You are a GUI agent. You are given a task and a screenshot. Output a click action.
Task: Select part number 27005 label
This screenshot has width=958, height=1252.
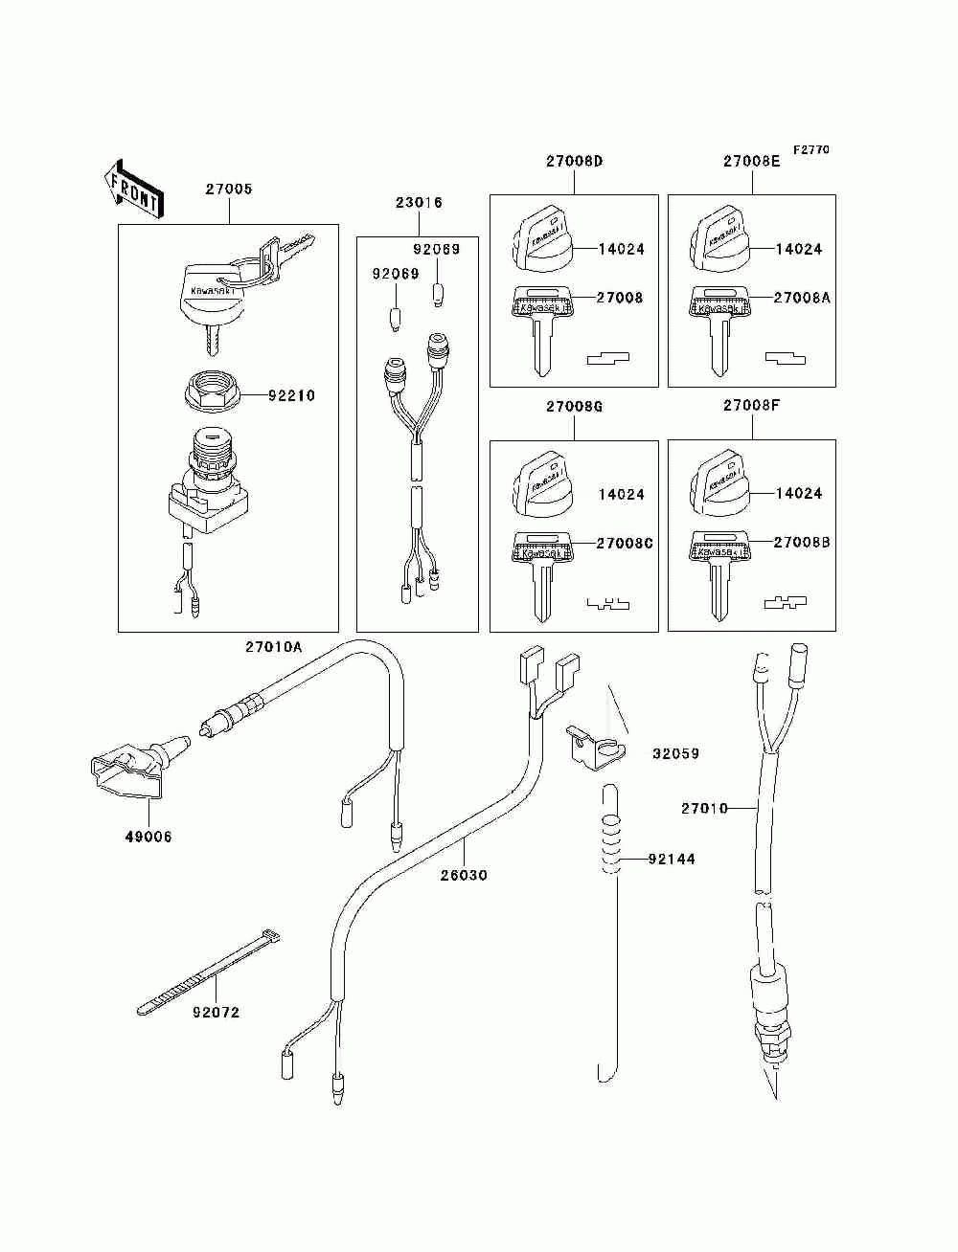[229, 189]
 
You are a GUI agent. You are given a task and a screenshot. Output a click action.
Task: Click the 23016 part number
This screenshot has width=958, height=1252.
[419, 203]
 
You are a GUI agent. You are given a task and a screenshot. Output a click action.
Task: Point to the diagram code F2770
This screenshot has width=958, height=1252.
[810, 150]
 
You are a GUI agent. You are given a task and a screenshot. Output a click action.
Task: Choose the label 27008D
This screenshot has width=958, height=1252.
[575, 161]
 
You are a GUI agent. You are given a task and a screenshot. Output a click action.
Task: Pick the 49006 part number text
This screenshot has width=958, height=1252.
[148, 837]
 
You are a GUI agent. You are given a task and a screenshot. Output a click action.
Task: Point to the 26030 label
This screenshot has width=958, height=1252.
[464, 875]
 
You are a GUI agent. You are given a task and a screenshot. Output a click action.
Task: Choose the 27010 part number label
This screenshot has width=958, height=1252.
[704, 808]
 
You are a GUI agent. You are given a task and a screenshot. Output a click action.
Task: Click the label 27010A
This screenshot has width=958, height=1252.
[273, 647]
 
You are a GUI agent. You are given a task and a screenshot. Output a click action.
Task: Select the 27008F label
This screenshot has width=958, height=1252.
[751, 405]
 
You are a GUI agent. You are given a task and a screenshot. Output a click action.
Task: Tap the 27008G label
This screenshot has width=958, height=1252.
[575, 406]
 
